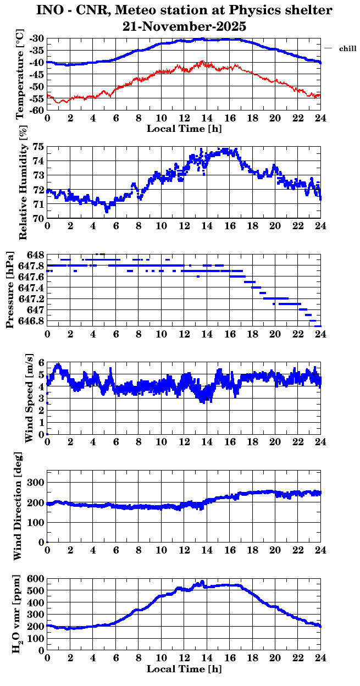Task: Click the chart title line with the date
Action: tap(184, 26)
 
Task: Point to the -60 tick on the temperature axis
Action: tap(37, 110)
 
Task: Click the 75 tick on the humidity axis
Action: tap(38, 147)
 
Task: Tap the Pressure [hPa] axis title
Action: tap(9, 290)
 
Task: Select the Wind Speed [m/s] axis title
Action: tap(29, 399)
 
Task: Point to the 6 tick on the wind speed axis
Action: tap(41, 362)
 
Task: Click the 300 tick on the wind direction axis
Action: tap(35, 483)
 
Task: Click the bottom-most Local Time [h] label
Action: tap(184, 670)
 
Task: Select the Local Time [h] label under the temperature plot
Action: tap(184, 129)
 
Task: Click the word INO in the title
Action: tap(52, 10)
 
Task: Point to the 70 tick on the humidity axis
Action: tap(38, 219)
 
